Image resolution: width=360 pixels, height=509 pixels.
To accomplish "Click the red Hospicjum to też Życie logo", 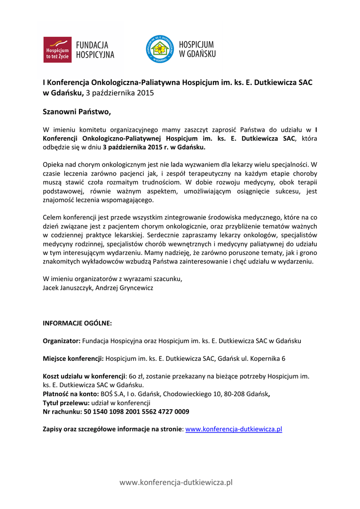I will (57, 50).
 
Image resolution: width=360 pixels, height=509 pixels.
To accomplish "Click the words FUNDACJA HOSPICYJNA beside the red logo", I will (95, 50).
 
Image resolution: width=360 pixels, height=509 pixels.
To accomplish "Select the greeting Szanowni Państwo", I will (77, 112).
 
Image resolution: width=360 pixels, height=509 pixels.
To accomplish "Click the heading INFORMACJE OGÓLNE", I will (77, 323).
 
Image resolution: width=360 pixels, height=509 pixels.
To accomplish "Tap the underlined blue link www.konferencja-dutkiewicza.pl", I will (234, 429).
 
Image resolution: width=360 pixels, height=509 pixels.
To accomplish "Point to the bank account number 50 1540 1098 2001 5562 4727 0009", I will (137, 412).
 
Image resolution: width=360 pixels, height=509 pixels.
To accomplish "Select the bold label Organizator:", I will (62, 341).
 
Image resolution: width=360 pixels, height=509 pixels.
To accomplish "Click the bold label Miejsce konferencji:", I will (74, 358).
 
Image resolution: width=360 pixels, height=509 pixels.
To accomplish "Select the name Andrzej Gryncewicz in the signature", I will (124, 288).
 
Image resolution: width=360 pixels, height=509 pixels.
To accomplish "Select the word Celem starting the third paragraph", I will (53, 217).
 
